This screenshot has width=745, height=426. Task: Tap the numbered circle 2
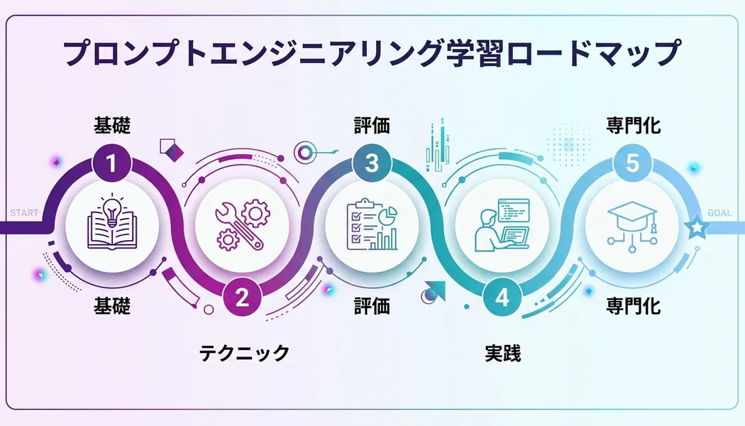point(242,297)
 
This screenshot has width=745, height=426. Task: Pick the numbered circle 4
point(502,297)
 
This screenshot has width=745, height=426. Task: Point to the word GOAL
point(719,213)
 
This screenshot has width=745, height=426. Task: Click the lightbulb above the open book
point(111,209)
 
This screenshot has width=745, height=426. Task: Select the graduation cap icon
point(632,214)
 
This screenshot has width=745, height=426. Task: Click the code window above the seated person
point(513,209)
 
